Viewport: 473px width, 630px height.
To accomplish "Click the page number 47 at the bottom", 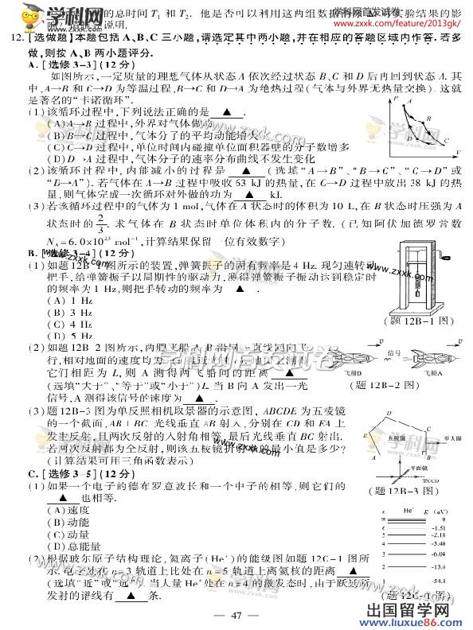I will [x=236, y=612].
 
